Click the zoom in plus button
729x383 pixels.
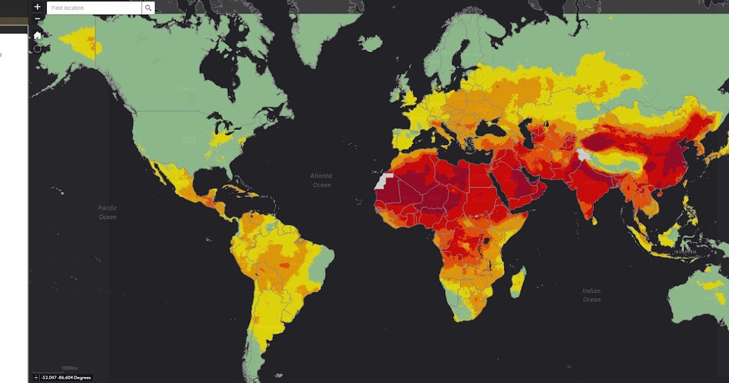click(38, 7)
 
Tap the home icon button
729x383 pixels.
click(38, 35)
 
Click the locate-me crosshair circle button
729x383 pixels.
click(38, 48)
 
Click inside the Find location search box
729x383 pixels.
click(94, 8)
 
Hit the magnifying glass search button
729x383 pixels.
click(148, 8)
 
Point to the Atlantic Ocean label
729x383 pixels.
click(321, 181)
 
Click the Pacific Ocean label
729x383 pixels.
click(108, 212)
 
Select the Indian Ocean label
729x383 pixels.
click(591, 295)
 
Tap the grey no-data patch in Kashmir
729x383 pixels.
click(583, 154)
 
